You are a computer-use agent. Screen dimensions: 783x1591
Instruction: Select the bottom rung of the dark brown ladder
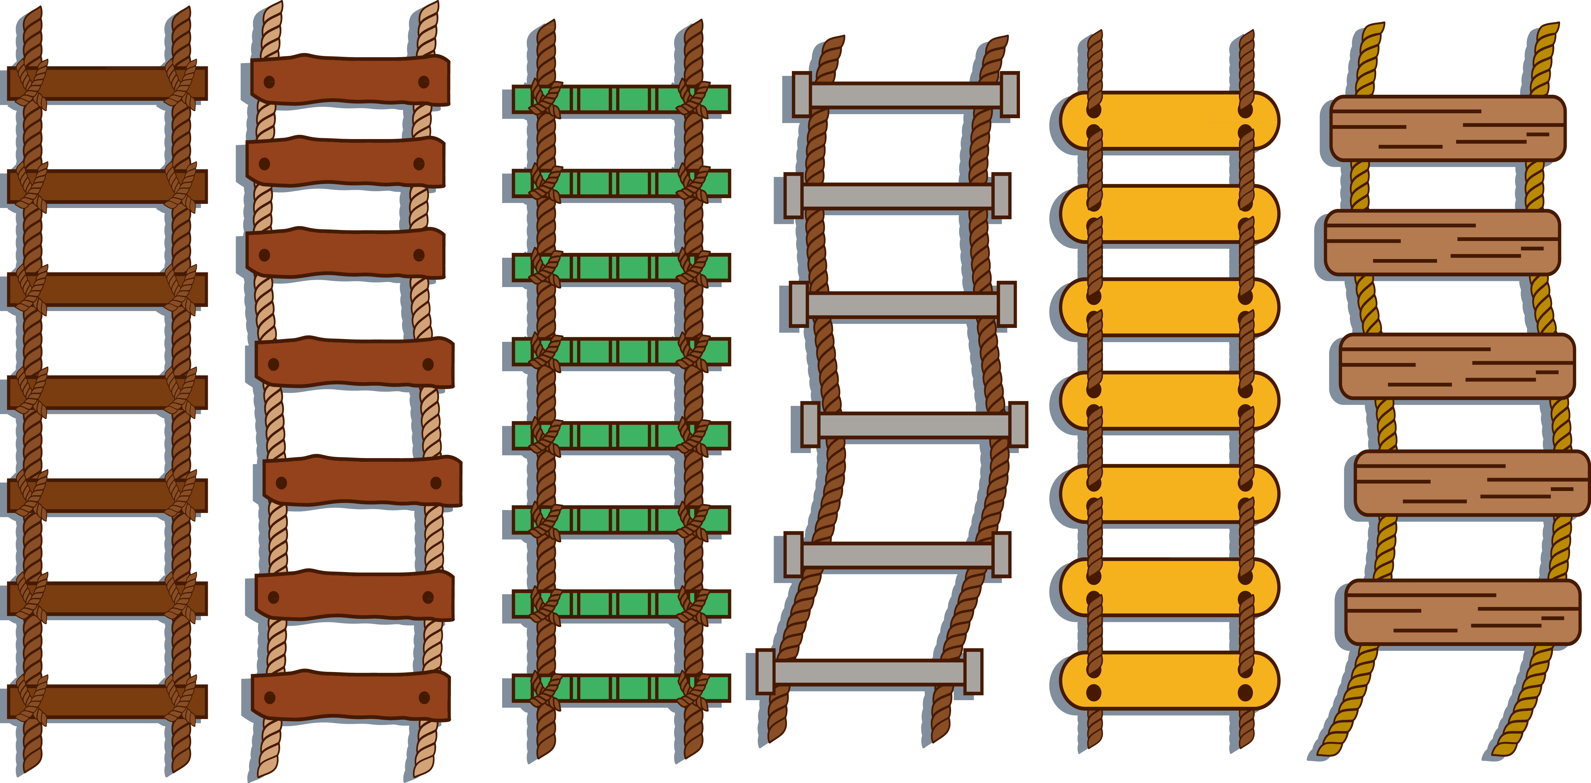pyautogui.click(x=108, y=701)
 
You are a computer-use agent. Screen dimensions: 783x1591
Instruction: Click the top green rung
pyautogui.click(x=621, y=99)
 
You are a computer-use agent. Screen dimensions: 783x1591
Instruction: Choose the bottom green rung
pyautogui.click(x=621, y=688)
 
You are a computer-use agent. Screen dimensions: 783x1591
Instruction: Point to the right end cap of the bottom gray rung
pyautogui.click(x=973, y=672)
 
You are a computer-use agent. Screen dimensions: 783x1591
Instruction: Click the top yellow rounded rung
pyautogui.click(x=1169, y=121)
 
